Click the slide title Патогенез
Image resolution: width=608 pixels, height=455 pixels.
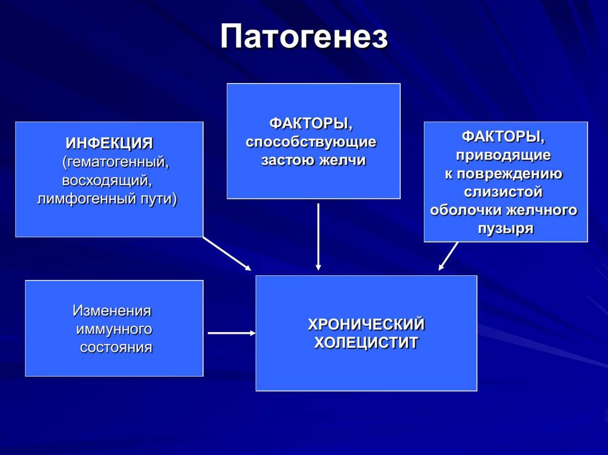(304, 37)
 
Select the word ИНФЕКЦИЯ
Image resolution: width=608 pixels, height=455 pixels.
(109, 143)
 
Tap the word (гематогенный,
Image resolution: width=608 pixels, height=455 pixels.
(116, 161)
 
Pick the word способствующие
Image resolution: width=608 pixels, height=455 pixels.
(311, 142)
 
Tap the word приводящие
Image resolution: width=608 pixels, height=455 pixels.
(503, 155)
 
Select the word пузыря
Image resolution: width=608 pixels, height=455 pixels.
(505, 229)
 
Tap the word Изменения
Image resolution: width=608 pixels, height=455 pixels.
(112, 310)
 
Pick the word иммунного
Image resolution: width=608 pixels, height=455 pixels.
(115, 329)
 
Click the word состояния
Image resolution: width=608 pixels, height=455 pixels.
(116, 347)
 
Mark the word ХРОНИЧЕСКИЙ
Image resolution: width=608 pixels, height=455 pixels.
(366, 324)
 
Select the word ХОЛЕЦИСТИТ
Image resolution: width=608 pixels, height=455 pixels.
(366, 343)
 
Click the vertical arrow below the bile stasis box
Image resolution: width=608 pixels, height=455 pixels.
(319, 237)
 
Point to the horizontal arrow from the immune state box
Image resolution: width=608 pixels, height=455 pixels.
(231, 333)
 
